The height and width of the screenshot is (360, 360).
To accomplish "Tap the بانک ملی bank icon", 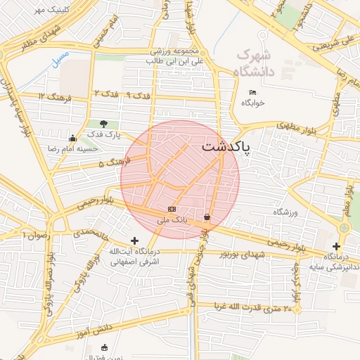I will click(x=172, y=210).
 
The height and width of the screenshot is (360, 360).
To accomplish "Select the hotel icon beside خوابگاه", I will click(x=253, y=93).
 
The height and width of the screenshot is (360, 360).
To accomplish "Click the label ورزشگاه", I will click(x=286, y=212).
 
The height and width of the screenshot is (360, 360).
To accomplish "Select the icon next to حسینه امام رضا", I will click(x=72, y=138).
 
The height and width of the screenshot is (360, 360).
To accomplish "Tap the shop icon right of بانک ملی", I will click(x=207, y=217).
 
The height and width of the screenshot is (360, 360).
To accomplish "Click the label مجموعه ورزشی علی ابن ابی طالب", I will click(x=174, y=57).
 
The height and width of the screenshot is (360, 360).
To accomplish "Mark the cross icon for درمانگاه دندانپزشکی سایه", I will click(x=337, y=246).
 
